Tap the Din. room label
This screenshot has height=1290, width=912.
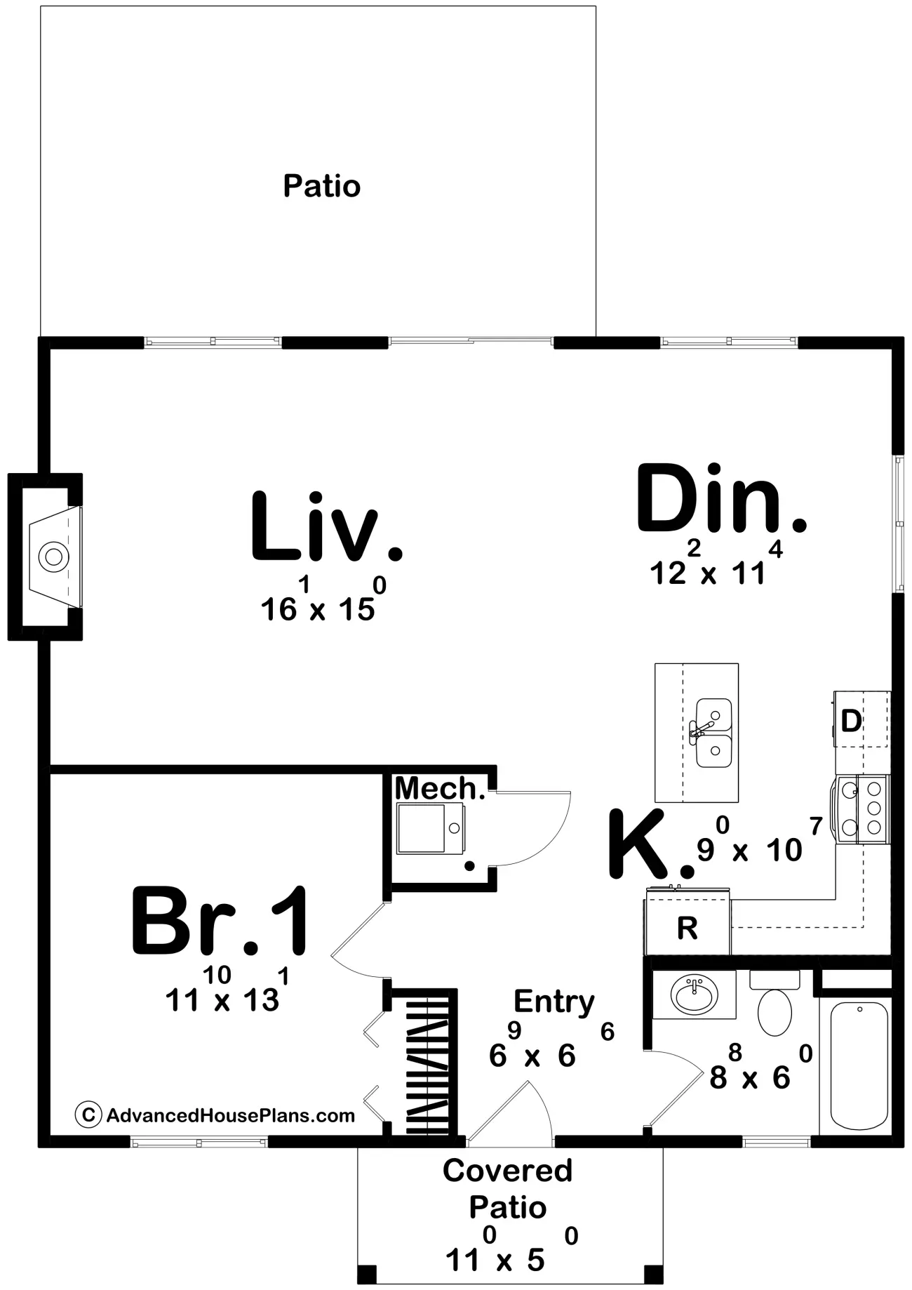(721, 498)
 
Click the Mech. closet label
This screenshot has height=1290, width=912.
(440, 789)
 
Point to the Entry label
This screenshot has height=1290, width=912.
(554, 1003)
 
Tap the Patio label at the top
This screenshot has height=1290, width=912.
(322, 186)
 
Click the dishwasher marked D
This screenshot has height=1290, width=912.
(861, 719)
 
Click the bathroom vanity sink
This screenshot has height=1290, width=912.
(695, 995)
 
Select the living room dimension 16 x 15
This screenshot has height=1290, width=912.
(318, 600)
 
